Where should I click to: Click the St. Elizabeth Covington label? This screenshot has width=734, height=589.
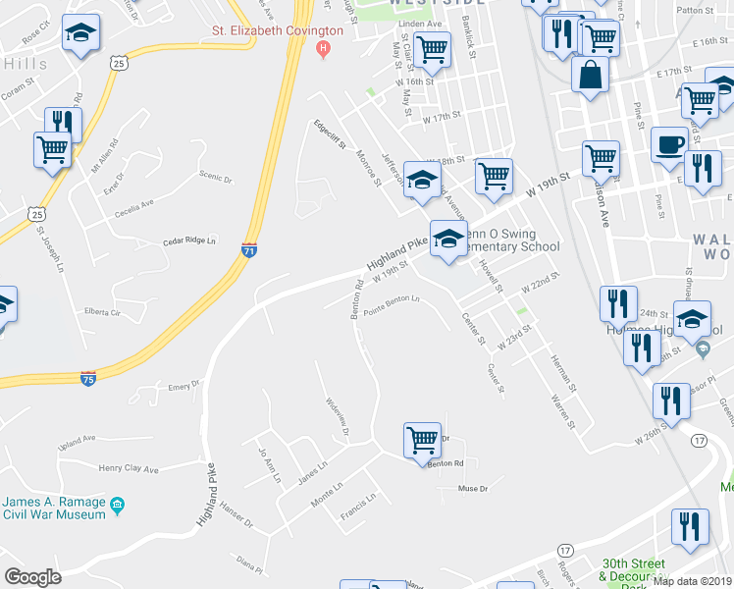click(278, 30)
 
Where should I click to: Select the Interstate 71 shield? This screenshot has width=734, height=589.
click(250, 249)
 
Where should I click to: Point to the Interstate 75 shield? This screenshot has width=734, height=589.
click(88, 378)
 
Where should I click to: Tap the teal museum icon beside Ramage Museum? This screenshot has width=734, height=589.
click(118, 507)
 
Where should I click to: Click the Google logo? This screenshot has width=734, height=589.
click(32, 577)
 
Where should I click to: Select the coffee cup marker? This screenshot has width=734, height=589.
click(670, 143)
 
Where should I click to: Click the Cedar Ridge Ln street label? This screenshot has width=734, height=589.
click(188, 241)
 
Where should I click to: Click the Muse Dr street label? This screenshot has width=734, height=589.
click(473, 488)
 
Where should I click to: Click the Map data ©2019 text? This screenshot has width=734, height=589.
click(692, 580)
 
